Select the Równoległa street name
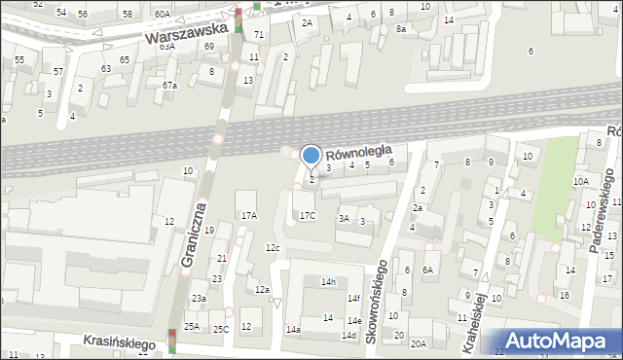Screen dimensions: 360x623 358,152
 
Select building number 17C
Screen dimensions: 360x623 308,215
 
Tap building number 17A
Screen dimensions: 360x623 249,215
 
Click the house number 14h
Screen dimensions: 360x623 328,282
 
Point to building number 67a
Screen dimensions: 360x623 170,86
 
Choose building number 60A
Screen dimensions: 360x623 162,14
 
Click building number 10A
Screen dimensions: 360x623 580,181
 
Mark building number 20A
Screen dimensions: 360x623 418,343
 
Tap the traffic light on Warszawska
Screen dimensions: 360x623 238,19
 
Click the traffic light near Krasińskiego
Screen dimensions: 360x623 172,341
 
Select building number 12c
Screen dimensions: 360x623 273,248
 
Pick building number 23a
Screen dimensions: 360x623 199,299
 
